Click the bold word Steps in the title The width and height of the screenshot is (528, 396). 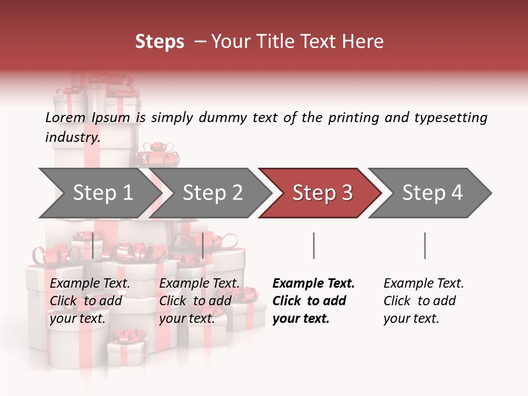(x=159, y=42)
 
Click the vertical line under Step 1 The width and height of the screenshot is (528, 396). (x=93, y=245)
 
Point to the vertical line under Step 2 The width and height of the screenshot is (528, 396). (x=203, y=245)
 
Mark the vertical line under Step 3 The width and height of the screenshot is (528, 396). (x=313, y=245)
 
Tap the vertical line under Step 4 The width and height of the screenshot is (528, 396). (x=425, y=245)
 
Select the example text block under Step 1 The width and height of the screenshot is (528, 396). (x=90, y=301)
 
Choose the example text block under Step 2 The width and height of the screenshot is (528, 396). (x=199, y=301)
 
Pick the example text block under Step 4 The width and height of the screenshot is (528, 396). (x=424, y=301)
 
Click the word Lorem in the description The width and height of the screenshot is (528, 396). (x=65, y=118)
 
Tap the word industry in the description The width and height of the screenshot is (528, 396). (x=72, y=137)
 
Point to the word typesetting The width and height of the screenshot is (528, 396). (x=450, y=118)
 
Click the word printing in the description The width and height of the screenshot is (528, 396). (x=353, y=118)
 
